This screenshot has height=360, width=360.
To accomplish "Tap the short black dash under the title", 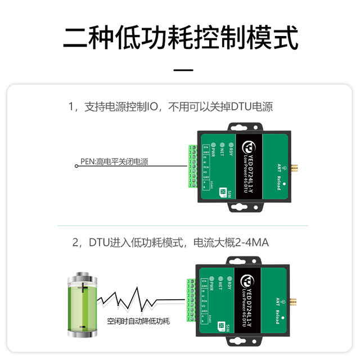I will coord(180,70).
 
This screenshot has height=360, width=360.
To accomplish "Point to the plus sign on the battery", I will coord(85,289).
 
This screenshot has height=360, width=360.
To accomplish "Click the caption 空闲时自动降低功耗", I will coord(138,321).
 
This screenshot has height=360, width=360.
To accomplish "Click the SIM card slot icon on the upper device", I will coord(223,192).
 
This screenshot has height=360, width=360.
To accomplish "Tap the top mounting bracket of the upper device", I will coord(246,127).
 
